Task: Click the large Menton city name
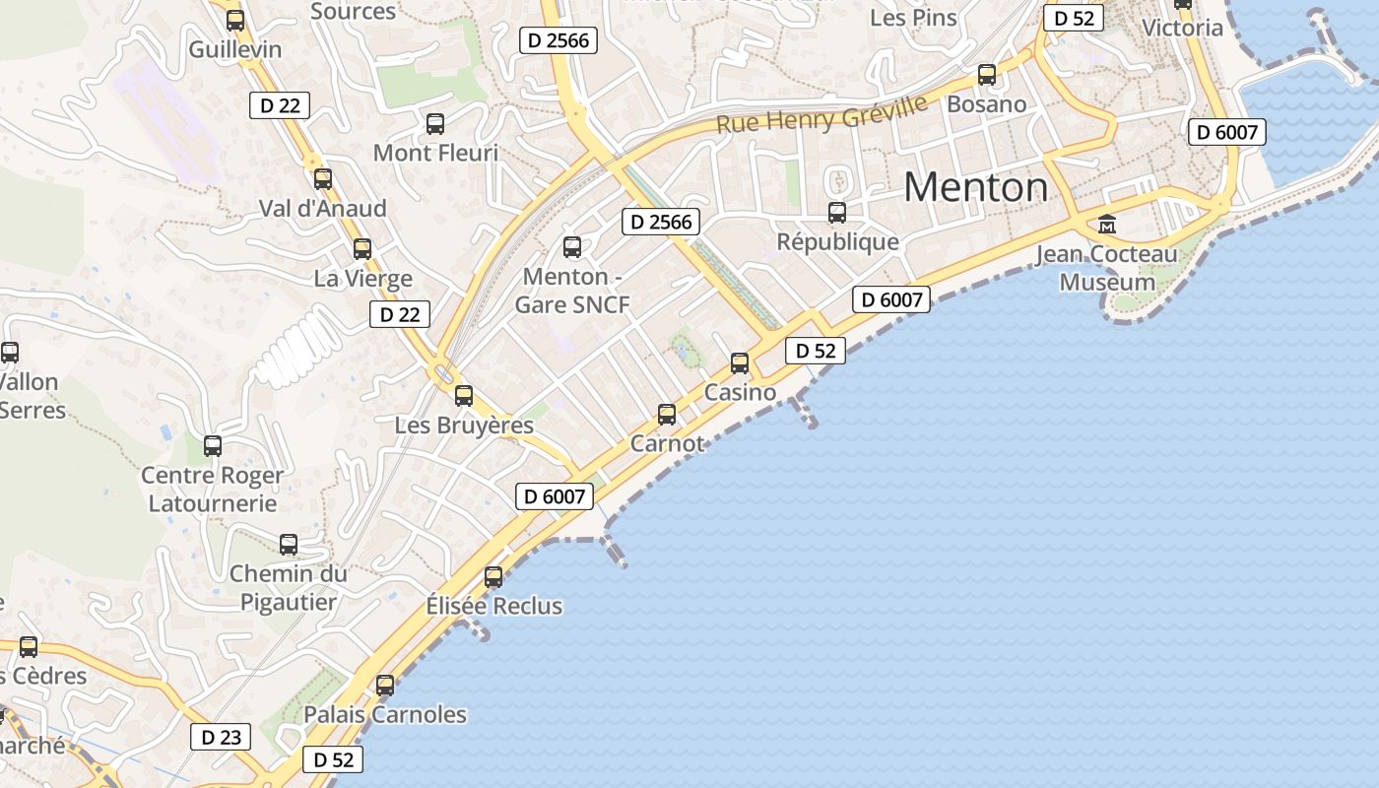975,187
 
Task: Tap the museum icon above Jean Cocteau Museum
1106,225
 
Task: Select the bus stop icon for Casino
740,363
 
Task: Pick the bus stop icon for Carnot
667,415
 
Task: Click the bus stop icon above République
837,212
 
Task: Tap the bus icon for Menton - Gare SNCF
572,247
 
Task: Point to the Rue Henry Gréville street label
822,114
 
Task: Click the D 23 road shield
221,737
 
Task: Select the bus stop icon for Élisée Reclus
493,577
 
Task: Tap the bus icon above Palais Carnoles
385,685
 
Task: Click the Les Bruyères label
464,426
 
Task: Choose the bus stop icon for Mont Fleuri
435,124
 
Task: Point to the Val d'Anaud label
323,209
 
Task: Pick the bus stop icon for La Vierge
362,249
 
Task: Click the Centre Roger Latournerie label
212,490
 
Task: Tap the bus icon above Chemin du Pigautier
289,544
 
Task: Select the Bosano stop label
986,104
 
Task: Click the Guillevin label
235,49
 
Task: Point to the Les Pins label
913,18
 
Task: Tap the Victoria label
1182,28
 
